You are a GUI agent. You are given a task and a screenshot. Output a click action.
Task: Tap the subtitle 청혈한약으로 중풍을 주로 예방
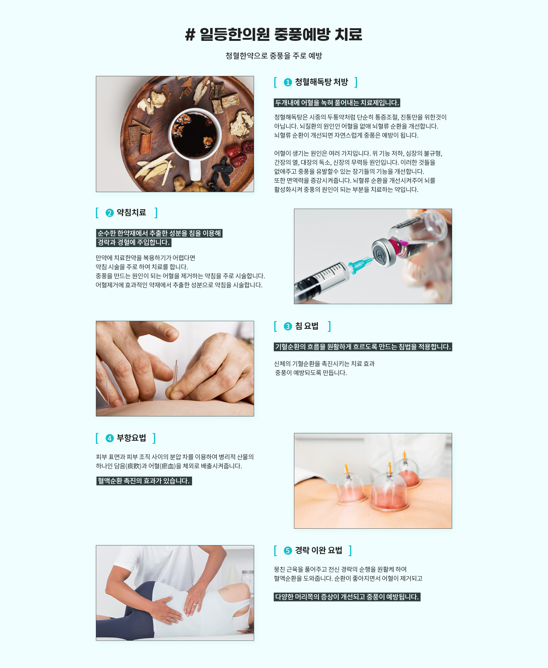pos(274,56)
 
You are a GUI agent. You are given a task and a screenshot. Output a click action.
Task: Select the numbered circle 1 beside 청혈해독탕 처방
pos(288,83)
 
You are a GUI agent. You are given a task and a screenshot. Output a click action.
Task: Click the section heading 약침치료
pos(131,213)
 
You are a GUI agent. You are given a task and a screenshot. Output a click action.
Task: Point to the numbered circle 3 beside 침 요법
pos(288,326)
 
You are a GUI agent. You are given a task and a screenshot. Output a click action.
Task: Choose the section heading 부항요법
pos(131,438)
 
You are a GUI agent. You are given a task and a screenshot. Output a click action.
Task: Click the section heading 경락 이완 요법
pos(318,551)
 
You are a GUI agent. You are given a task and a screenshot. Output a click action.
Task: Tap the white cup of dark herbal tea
pos(195,139)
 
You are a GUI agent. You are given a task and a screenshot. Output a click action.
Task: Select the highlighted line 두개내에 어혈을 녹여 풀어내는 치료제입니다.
pos(337,103)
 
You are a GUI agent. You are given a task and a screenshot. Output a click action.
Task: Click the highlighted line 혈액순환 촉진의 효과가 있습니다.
pos(144,481)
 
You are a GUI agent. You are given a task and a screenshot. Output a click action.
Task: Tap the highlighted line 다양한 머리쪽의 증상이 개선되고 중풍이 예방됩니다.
pos(347,597)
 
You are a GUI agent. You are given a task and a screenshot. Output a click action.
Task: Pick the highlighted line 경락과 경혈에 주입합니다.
pos(133,242)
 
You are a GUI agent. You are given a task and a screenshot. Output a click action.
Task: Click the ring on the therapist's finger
pos(195,604)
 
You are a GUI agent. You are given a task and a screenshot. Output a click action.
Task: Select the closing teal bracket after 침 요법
pos(329,326)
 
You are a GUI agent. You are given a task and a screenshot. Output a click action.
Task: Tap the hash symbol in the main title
pos(190,35)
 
